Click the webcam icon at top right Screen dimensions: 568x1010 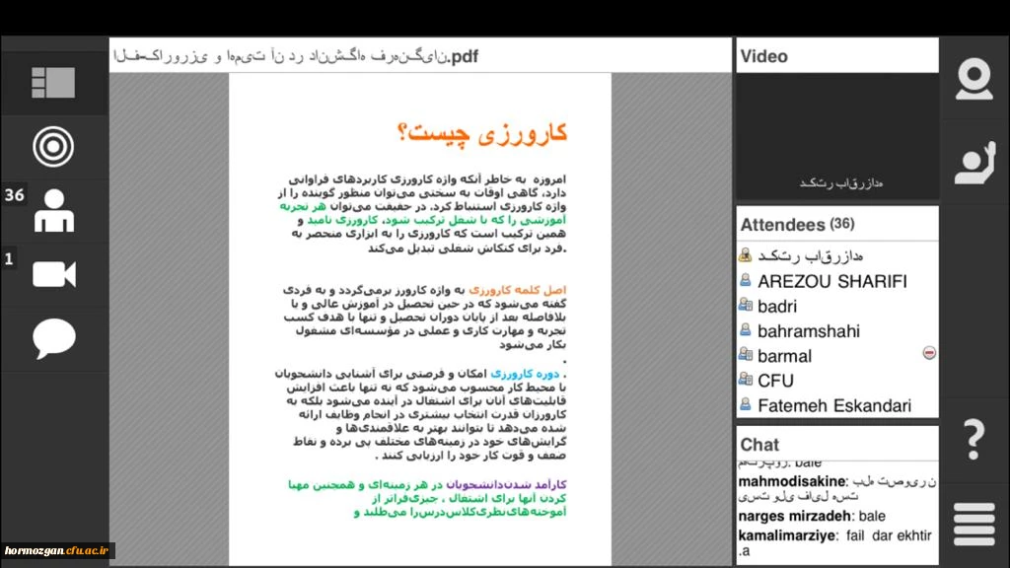coord(974,79)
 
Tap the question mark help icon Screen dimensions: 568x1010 coord(974,439)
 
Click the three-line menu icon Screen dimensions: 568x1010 coord(974,524)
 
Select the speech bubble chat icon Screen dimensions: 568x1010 coord(53,339)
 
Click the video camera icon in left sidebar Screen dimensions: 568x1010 coord(54,274)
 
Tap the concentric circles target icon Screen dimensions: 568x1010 coord(53,147)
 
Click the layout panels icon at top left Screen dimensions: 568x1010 coord(53,83)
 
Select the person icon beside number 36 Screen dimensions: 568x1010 coord(54,211)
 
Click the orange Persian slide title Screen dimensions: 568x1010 coord(481,133)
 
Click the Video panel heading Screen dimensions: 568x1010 coord(764,56)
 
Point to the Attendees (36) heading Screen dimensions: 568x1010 coord(797,225)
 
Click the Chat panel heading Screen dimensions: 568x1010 coord(759,445)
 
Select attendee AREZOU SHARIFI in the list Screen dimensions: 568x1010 coord(831,281)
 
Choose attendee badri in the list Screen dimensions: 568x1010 coord(777,307)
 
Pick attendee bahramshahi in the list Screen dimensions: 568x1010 coord(808,331)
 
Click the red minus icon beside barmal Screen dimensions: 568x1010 coord(928,353)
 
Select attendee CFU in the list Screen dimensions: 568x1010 coord(775,381)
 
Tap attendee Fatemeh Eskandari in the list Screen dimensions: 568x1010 coord(833,405)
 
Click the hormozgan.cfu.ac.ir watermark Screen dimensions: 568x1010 coord(58,550)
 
